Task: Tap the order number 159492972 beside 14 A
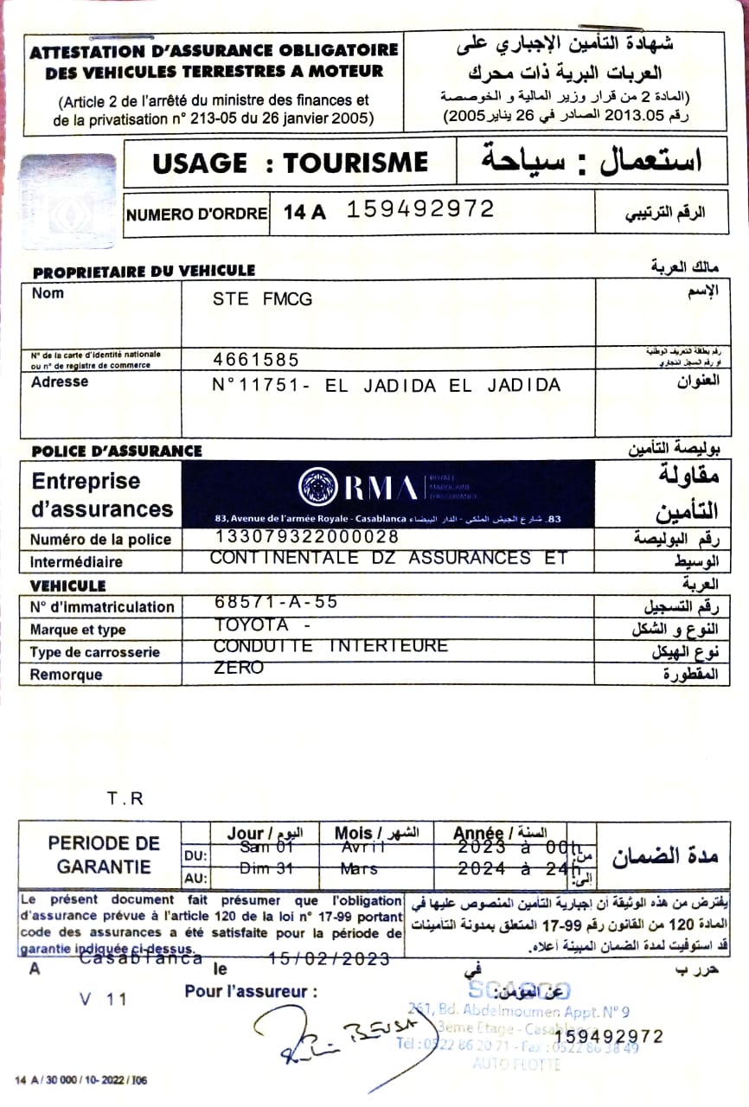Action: (x=420, y=208)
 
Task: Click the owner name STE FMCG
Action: (x=262, y=299)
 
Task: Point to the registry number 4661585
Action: (x=256, y=359)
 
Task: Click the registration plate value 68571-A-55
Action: (x=276, y=601)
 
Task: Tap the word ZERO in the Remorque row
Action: (x=239, y=668)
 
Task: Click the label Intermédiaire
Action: (x=76, y=561)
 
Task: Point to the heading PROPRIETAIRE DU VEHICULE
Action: (x=144, y=272)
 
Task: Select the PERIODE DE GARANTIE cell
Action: (x=104, y=854)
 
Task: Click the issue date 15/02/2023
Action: (x=329, y=958)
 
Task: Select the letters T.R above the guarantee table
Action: (x=125, y=799)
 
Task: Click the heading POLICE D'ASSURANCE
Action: (x=117, y=451)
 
